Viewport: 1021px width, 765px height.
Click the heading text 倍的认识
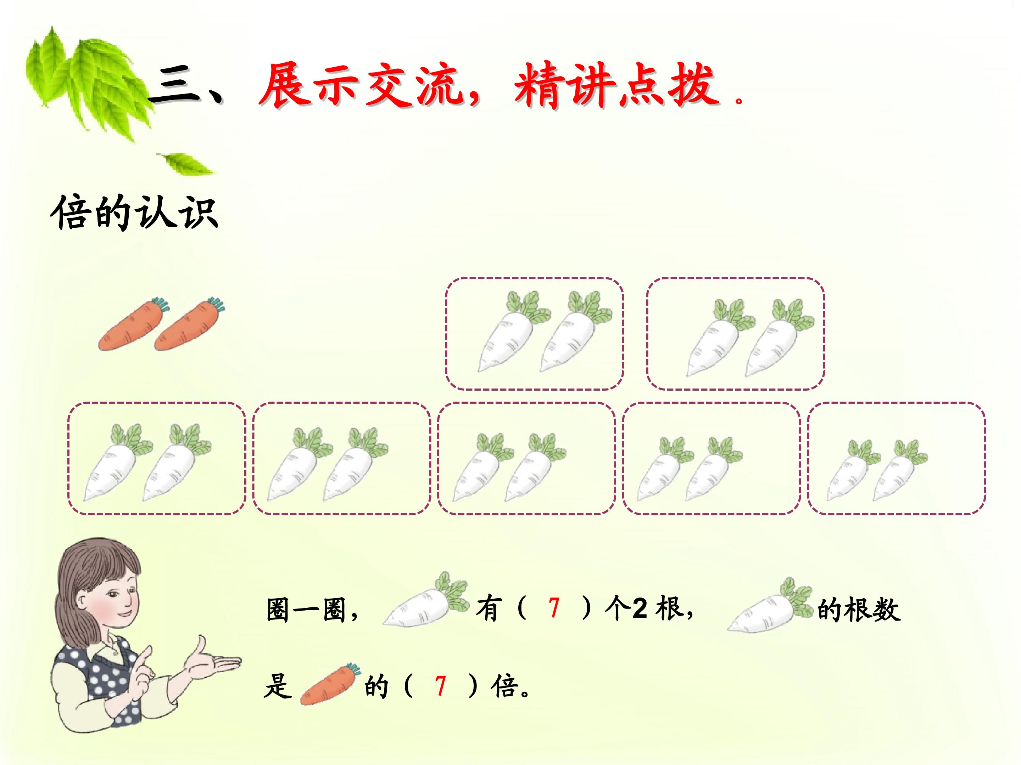click(134, 212)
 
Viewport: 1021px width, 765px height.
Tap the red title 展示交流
click(361, 86)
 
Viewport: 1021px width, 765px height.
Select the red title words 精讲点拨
click(616, 86)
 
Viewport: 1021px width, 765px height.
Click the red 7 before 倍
click(441, 686)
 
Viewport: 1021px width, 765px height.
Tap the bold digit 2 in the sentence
click(640, 609)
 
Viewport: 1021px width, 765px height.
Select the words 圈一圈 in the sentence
click(306, 609)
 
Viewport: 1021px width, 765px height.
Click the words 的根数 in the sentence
click(859, 609)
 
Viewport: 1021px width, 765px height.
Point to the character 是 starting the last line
click(278, 686)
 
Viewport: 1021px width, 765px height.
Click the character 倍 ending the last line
click(504, 686)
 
